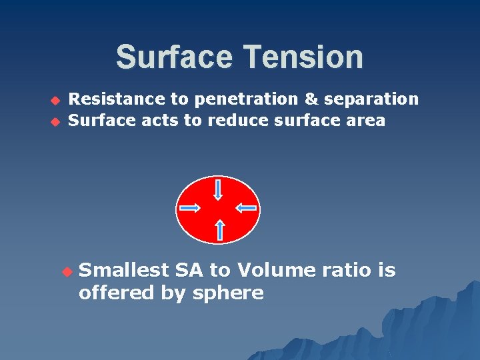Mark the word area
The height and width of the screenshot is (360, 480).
click(366, 121)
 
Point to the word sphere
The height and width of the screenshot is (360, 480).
click(229, 293)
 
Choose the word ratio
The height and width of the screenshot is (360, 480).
click(347, 270)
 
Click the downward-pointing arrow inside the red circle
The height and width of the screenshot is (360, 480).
click(218, 189)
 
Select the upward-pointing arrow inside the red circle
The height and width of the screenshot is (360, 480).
click(220, 230)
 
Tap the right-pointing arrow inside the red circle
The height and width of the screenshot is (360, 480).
click(190, 208)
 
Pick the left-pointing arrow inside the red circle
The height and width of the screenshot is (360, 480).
click(246, 208)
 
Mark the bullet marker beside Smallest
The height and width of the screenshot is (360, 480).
click(65, 271)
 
